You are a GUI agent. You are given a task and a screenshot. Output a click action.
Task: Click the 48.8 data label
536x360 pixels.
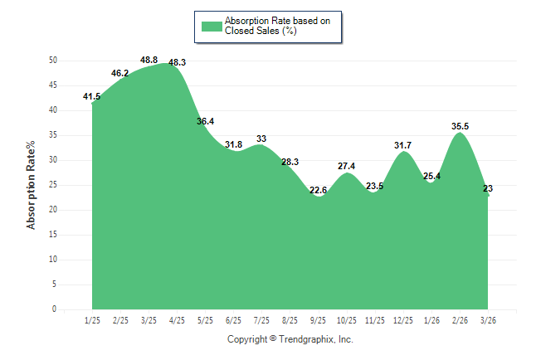(149, 60)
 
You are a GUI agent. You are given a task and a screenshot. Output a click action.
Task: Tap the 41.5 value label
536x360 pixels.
(92, 96)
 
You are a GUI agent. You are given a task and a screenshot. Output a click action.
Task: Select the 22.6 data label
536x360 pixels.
(318, 190)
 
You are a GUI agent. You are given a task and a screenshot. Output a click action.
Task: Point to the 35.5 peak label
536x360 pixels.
(460, 126)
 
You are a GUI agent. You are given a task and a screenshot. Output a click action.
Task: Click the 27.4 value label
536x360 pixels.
(346, 166)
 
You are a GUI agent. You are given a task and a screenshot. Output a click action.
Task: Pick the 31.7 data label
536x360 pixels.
(403, 145)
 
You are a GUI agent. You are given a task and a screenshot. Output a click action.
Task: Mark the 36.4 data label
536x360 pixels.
(205, 121)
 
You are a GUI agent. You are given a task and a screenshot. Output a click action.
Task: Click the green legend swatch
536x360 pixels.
(212, 26)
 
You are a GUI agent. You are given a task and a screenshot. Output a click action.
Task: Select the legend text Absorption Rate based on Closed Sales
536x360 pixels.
(271, 26)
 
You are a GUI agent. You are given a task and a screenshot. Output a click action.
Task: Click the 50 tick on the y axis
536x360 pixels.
(52, 61)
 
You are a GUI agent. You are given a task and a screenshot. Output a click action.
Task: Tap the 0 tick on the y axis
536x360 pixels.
(55, 309)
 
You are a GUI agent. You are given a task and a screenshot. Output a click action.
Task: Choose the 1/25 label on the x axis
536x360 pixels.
(92, 320)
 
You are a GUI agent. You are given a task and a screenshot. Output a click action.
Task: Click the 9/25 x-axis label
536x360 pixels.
(319, 320)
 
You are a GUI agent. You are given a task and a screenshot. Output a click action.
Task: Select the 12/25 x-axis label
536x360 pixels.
(403, 320)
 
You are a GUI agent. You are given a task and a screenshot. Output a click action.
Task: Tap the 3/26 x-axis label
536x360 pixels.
(489, 320)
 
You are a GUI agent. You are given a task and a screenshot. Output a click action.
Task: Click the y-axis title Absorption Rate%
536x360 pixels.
(32, 185)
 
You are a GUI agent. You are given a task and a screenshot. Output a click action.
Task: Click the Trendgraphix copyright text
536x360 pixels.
(290, 339)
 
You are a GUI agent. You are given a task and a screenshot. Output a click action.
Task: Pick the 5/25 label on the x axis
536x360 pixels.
(205, 320)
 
